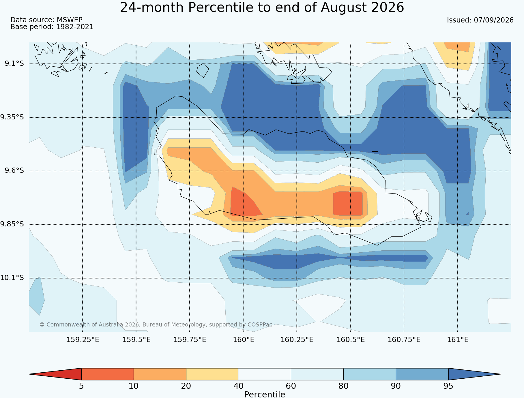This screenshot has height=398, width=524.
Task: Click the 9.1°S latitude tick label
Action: click(14, 63)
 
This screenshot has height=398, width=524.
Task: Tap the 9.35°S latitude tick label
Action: click(12, 117)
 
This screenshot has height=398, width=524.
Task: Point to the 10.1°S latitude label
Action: click(12, 278)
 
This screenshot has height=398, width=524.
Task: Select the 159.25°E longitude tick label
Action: click(83, 340)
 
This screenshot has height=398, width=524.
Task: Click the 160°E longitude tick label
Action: click(244, 340)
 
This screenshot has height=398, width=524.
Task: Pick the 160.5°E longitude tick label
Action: click(351, 340)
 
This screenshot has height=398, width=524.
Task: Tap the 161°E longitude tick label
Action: click(458, 340)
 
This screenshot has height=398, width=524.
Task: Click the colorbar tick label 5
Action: click(81, 386)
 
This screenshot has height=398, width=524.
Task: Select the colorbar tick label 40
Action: click(239, 386)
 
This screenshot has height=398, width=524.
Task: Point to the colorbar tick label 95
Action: click(448, 386)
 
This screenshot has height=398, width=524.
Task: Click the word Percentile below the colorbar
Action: click(265, 395)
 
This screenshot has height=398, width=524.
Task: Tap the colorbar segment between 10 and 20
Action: click(160, 374)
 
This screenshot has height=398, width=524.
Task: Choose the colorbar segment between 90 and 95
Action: click(422, 374)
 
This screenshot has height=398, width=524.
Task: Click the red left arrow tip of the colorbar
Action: click(29, 374)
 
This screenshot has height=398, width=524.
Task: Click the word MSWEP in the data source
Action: click(70, 20)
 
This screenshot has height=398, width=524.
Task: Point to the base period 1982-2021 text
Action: click(75, 27)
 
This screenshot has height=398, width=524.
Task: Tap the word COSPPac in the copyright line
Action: click(260, 325)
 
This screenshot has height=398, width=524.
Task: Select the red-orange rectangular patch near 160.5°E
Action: click(348, 203)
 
